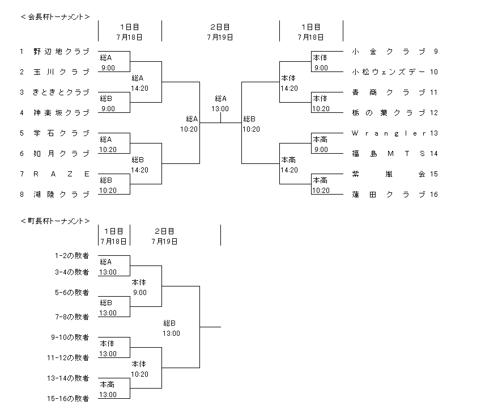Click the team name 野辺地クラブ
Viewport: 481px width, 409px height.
(x=61, y=52)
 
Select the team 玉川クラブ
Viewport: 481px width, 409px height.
(x=61, y=72)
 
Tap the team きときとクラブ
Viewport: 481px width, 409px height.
(x=61, y=92)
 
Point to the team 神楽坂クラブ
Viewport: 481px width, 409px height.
(x=61, y=113)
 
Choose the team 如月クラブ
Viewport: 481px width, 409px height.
(x=61, y=154)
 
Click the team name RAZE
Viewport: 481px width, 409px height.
(x=61, y=174)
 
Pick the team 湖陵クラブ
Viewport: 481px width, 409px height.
(x=61, y=195)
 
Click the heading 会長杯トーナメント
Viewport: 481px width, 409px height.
(x=55, y=17)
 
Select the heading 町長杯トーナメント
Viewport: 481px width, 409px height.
(x=55, y=221)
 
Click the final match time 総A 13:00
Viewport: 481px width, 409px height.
(x=220, y=103)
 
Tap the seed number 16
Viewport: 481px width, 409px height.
(x=434, y=195)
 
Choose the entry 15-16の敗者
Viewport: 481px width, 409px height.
(x=68, y=399)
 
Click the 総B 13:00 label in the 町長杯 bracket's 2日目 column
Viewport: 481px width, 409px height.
(x=172, y=328)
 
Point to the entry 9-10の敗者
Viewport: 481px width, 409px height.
(x=70, y=338)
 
